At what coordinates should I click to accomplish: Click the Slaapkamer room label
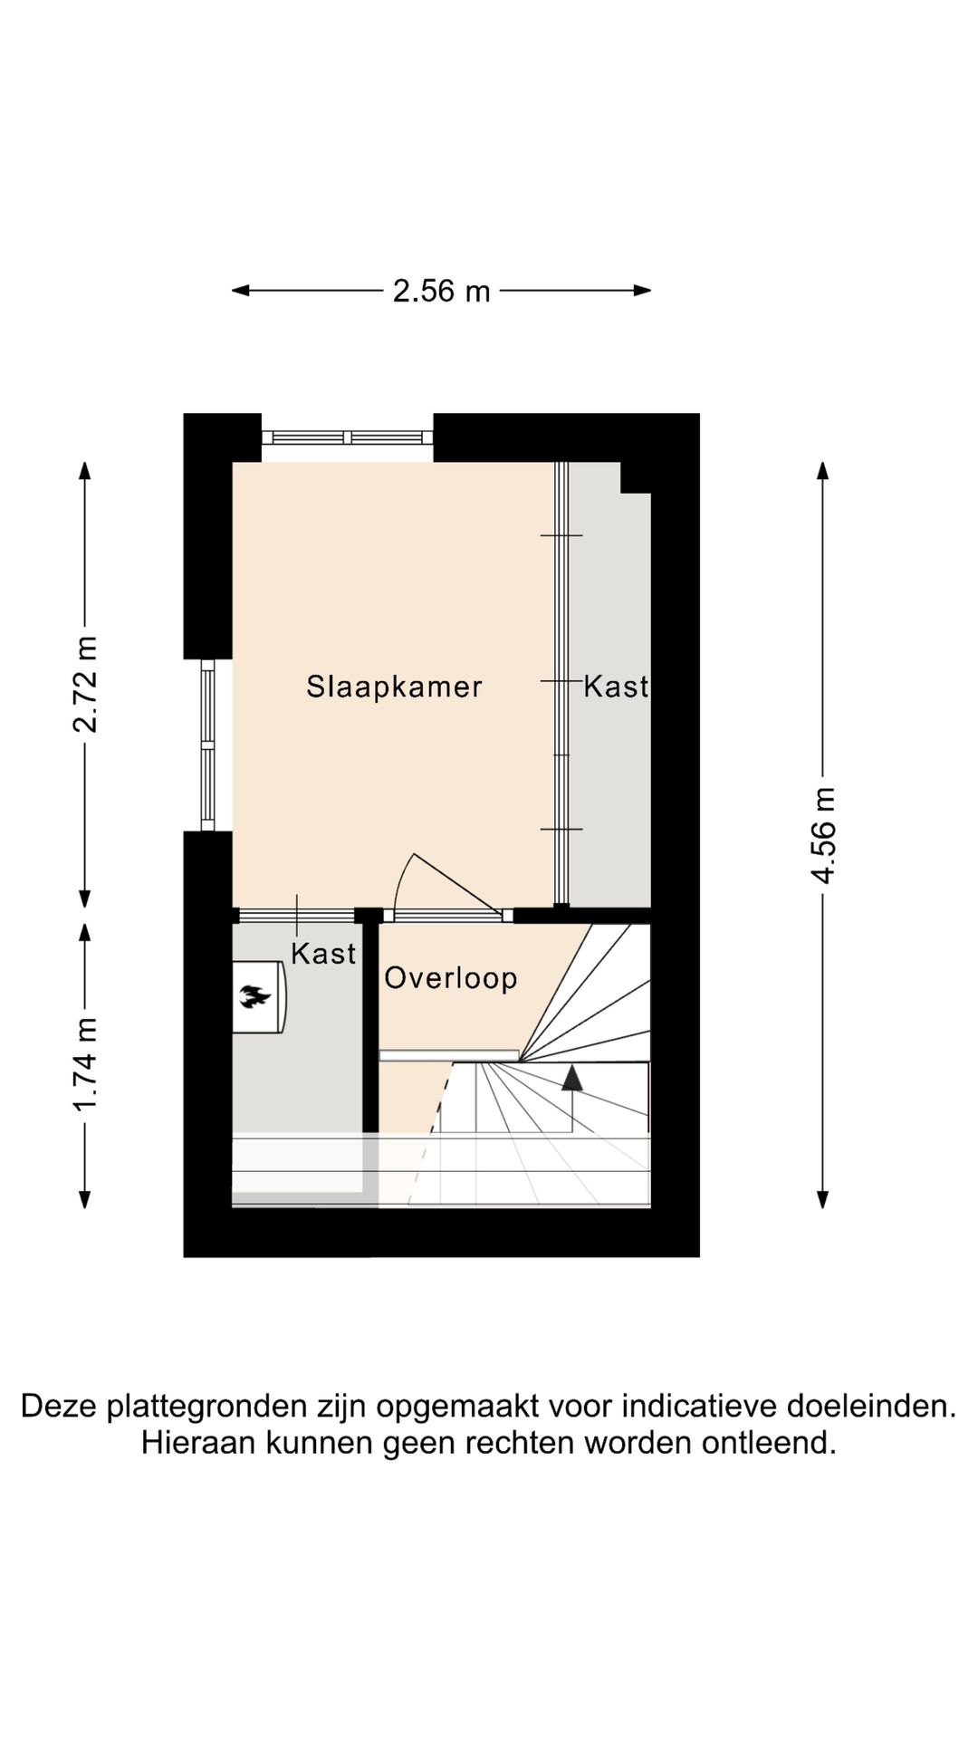coord(394,687)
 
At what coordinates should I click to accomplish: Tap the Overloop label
coord(450,978)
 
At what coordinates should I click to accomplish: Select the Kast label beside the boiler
coord(323,954)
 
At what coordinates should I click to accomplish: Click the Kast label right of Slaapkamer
coord(616,687)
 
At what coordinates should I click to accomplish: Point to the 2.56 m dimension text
coord(441,291)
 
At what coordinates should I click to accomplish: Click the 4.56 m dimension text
coord(823,835)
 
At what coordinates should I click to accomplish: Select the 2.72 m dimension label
coord(85,684)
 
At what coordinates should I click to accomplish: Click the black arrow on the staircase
coord(572,1078)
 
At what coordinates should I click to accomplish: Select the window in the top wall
coord(348,437)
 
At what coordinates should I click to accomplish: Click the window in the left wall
coord(207,745)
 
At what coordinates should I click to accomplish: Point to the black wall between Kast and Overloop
coord(369,1023)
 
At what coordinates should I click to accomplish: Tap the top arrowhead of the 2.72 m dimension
coord(85,472)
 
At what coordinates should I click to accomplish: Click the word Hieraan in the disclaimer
coord(198,1443)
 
